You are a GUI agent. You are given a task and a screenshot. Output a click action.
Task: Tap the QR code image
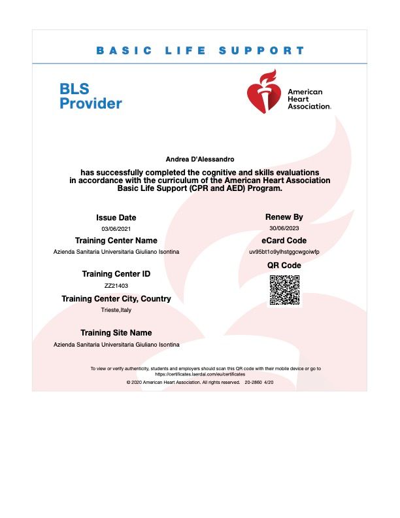tap(284, 289)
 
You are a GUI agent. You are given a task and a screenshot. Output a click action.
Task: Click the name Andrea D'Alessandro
tap(200, 159)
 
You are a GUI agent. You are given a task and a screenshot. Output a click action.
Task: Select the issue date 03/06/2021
tap(116, 228)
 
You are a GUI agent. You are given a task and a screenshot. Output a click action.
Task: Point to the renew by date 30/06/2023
tap(284, 228)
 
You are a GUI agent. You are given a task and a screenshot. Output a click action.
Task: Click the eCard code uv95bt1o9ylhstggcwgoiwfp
tap(284, 252)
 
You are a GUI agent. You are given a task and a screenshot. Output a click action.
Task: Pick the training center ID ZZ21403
tap(116, 286)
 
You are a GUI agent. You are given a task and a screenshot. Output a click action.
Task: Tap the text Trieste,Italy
tap(116, 310)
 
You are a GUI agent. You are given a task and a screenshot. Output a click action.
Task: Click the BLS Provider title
tap(91, 96)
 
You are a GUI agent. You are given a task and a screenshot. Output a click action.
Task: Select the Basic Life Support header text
tap(200, 50)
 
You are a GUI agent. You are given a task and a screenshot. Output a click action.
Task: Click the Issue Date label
tap(116, 217)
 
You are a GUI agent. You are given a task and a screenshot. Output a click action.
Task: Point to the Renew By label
tap(284, 216)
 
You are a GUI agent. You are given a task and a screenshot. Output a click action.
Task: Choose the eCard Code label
tap(284, 241)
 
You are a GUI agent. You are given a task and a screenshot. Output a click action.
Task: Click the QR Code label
tap(284, 265)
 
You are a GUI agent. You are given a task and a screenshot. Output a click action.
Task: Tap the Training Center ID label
tap(116, 274)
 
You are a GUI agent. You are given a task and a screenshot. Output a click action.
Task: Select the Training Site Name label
tap(116, 333)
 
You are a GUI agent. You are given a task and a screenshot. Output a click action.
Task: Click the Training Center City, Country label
tap(116, 298)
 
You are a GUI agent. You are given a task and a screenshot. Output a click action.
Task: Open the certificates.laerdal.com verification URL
tap(200, 374)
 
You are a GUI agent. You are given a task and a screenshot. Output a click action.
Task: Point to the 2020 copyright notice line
tap(200, 381)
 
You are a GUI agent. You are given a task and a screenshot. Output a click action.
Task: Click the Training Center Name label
tap(116, 241)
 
